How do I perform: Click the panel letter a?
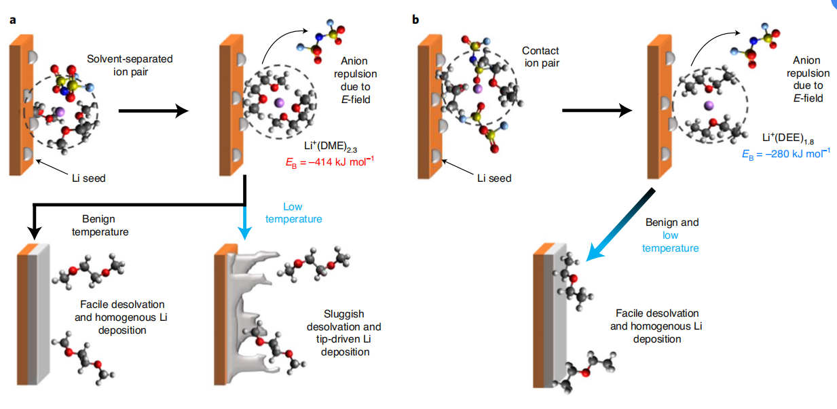(12, 20)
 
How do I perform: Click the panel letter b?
(415, 20)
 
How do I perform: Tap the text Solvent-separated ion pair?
(130, 65)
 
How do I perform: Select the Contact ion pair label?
(540, 57)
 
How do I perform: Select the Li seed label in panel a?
(89, 178)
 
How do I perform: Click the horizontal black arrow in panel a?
(153, 111)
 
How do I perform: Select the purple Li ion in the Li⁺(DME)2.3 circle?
(278, 103)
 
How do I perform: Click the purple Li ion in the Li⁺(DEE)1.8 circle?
(709, 106)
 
